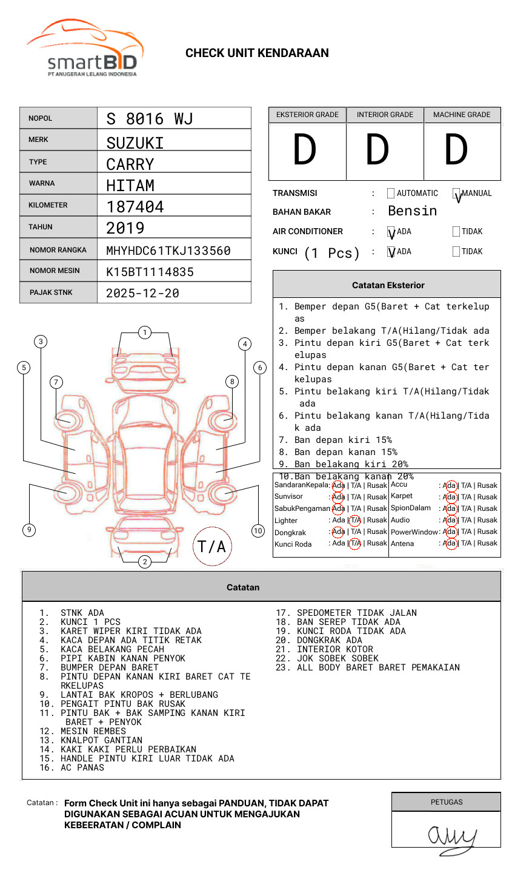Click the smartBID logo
pos(85,49)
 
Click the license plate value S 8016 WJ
pos(149,118)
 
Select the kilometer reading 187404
pos(135,207)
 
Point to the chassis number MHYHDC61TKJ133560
pos(168,251)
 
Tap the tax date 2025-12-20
pos(142,293)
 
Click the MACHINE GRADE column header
pos(462,115)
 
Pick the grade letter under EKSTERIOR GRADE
pos(304,150)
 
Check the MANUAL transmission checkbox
pos(456,194)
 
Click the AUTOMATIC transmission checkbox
pos(391,194)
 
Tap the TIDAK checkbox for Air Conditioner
pos(456,231)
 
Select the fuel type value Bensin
pos(412,211)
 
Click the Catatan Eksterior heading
pos(388,285)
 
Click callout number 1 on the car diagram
pos(144,332)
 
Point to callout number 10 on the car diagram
pos(258,531)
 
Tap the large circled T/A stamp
pos(211,547)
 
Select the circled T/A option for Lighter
pos(355,520)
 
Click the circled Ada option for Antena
pos(450,543)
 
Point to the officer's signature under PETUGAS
pos(451,837)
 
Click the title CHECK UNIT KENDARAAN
pos(257,53)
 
